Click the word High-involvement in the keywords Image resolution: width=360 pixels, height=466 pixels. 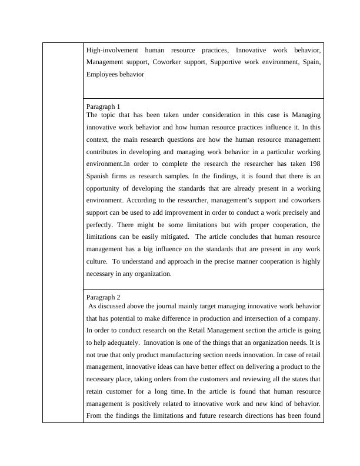click(x=111, y=50)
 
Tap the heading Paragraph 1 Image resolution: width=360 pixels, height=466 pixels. click(x=103, y=106)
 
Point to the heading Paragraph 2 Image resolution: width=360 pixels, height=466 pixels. click(x=103, y=297)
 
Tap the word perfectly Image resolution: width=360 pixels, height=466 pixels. click(x=100, y=225)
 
